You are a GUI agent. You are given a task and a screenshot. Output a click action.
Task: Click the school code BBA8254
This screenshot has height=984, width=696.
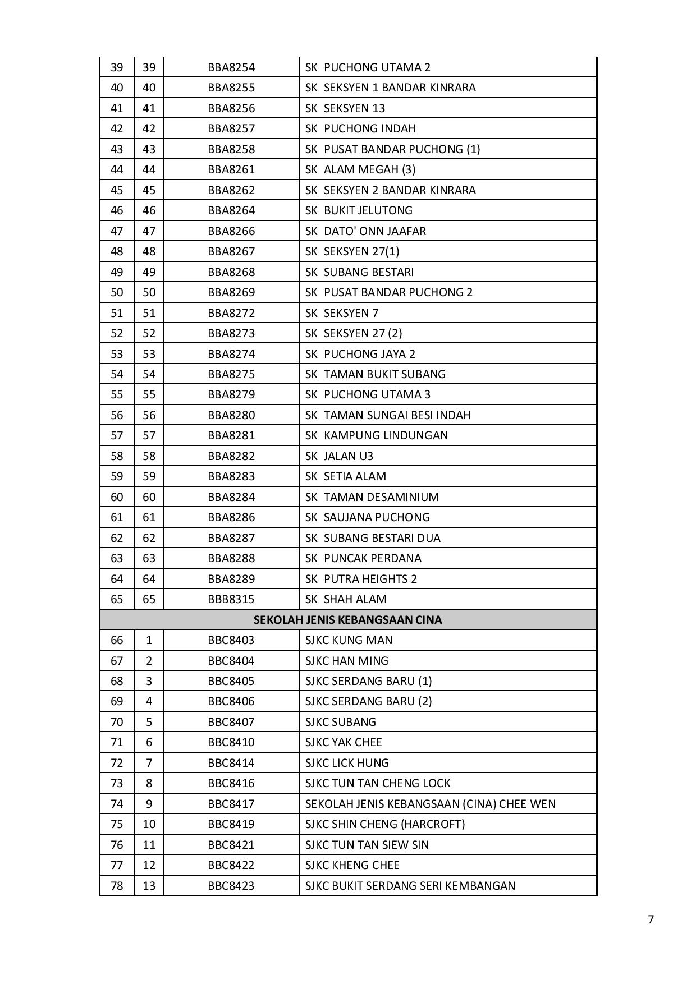point(231,67)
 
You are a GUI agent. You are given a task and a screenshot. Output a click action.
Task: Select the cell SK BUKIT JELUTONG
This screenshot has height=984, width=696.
point(359,210)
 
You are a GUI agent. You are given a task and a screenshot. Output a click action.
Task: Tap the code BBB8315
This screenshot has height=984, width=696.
point(231,599)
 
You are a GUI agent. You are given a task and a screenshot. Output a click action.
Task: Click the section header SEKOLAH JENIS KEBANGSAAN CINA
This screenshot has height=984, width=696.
point(347,620)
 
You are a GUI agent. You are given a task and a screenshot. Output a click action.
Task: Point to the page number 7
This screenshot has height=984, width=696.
point(651,919)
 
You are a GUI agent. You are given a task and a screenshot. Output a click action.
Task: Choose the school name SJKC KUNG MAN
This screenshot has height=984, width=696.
point(349,640)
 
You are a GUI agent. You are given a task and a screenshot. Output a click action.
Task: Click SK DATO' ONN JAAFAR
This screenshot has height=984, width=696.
point(365,231)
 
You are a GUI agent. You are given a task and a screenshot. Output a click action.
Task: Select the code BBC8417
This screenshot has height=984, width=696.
point(231,804)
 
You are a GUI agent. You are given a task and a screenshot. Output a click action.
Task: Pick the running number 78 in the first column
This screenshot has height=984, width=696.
point(117,886)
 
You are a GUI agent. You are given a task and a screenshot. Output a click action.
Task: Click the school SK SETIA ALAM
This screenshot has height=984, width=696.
point(346,476)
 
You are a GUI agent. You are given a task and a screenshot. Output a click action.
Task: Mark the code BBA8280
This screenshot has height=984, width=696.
point(231,415)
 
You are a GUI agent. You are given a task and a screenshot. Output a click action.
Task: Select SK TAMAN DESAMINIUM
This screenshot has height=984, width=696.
point(372,497)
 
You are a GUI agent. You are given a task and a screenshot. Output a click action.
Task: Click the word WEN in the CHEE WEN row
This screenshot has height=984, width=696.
point(543,804)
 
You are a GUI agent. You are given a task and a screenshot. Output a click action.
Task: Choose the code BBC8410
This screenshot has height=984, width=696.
point(231,742)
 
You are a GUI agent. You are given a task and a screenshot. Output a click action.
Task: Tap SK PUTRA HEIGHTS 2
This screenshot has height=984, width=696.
point(361,579)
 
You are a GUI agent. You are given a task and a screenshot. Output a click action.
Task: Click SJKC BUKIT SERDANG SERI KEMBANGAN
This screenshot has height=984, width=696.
point(410,886)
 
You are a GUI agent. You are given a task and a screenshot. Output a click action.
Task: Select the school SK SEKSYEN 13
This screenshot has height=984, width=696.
point(345,108)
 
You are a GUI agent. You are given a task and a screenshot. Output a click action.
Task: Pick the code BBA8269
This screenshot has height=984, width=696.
point(231,292)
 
